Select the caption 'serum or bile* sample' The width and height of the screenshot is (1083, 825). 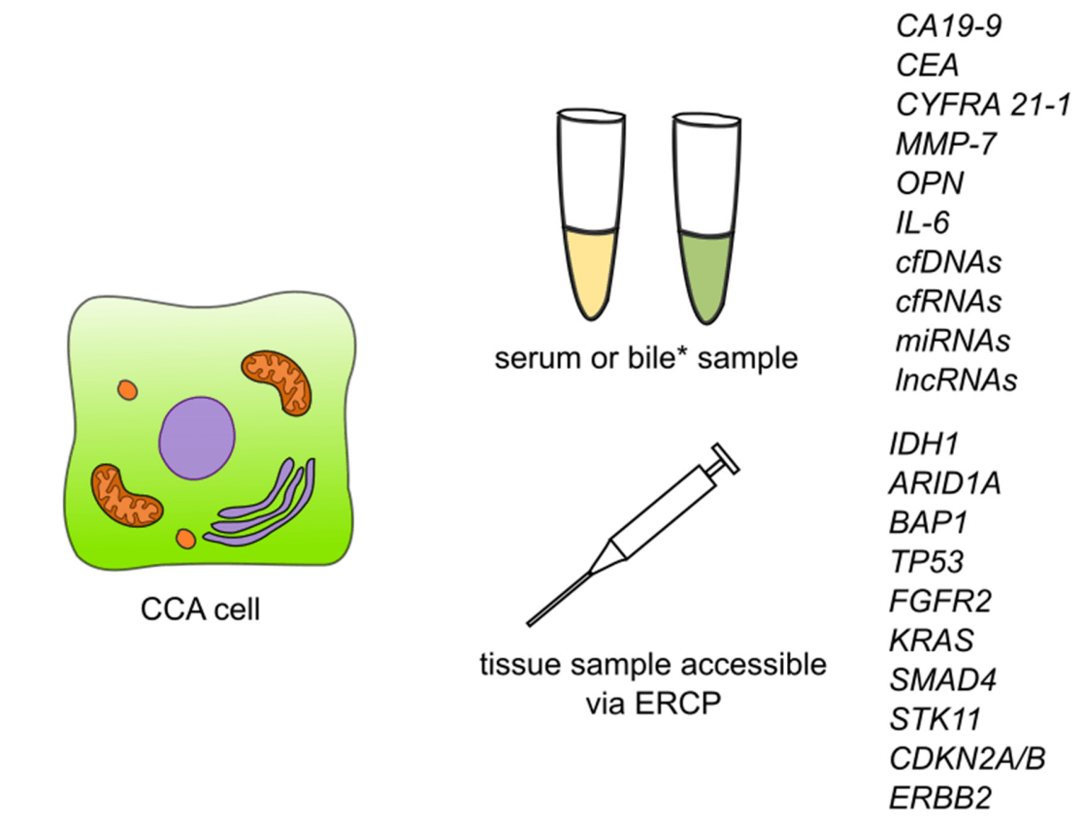[x=645, y=359]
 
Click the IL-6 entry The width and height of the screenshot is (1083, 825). [x=922, y=223]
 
